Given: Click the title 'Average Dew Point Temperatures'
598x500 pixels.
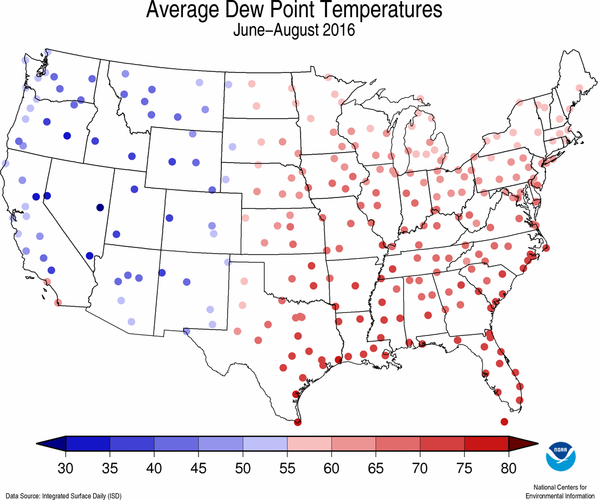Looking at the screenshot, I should coord(294,10).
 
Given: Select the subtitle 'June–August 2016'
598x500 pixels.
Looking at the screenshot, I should coord(294,30).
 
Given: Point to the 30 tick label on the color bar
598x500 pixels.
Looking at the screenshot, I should coord(66,467).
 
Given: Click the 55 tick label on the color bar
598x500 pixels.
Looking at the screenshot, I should coord(287,467).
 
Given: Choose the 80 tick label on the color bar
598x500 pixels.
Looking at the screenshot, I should coord(508,467).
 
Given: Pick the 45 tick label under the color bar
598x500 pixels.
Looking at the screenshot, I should coord(198,467).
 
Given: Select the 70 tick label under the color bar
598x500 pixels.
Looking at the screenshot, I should coord(420,467).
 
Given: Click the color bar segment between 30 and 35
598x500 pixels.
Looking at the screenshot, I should coord(88,444).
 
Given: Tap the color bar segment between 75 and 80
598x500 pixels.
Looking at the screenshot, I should coord(486,444).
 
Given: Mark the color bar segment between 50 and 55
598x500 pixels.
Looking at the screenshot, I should coord(265,444).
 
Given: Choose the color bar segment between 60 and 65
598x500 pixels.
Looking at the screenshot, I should coord(353,444).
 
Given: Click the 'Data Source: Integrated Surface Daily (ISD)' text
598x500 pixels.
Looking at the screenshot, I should coord(64,496).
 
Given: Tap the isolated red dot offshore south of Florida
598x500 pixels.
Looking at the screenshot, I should coord(504,421).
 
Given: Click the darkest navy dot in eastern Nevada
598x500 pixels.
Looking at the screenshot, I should coord(100,207).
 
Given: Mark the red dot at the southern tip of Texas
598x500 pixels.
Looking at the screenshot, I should coord(297,422).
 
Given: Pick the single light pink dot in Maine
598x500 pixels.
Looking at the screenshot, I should coord(579,87).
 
